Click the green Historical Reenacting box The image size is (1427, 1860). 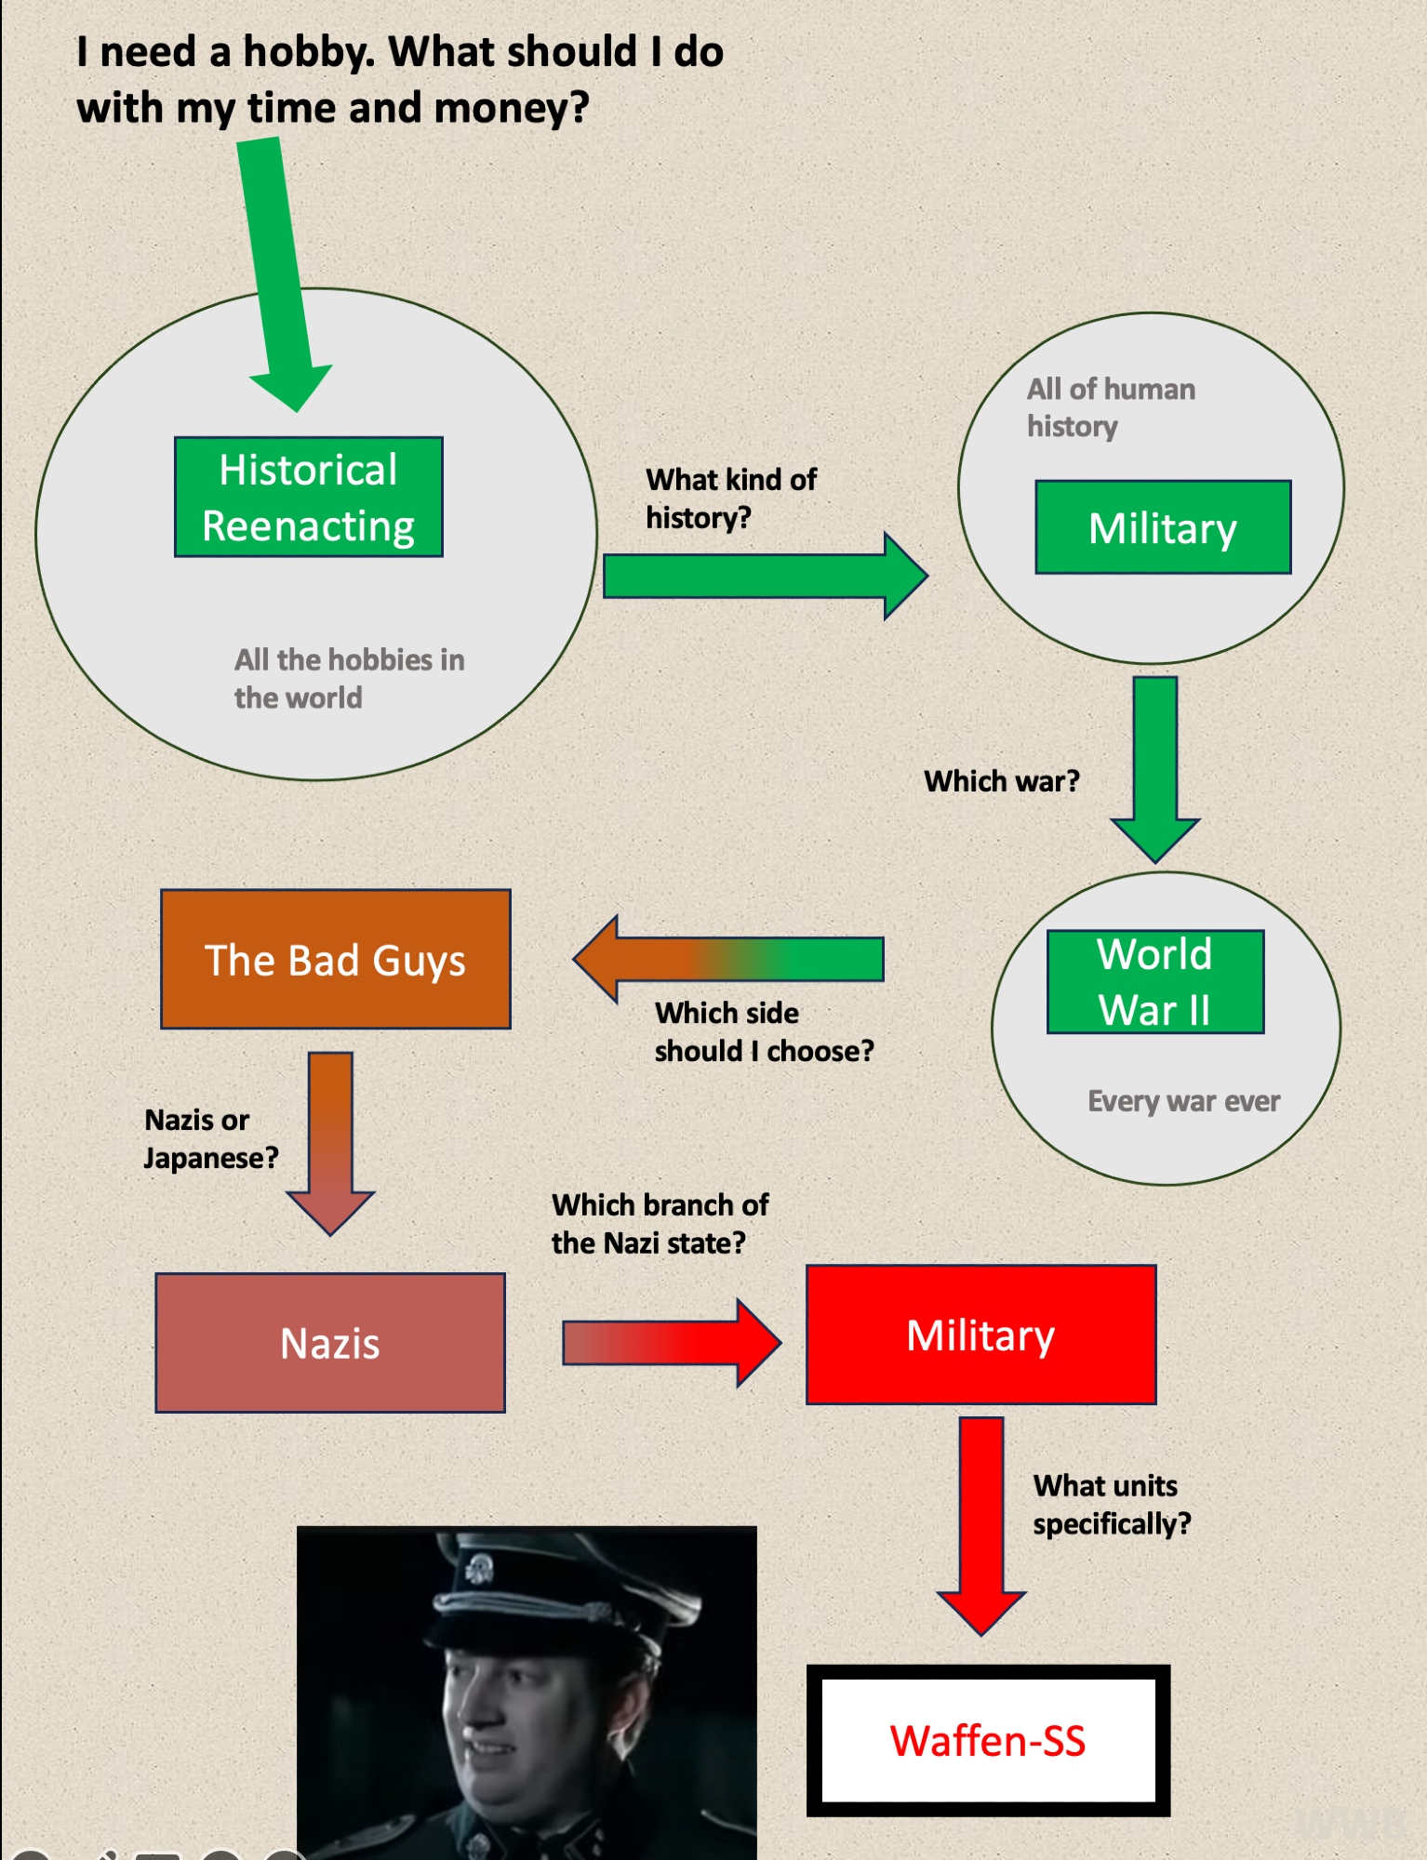point(308,498)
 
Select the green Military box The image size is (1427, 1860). point(1162,527)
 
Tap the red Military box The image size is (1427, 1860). point(980,1335)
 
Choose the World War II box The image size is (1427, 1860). point(1154,982)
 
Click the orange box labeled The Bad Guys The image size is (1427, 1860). point(335,960)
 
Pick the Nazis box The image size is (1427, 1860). point(330,1343)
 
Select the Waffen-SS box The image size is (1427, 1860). point(988,1740)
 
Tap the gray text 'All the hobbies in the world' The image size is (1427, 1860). point(349,678)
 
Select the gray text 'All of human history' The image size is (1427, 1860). point(1110,407)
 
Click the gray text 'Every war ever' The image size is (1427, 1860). point(1183,1101)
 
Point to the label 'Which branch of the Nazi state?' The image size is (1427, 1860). point(660,1224)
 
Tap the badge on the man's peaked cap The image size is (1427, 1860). point(479,1568)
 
